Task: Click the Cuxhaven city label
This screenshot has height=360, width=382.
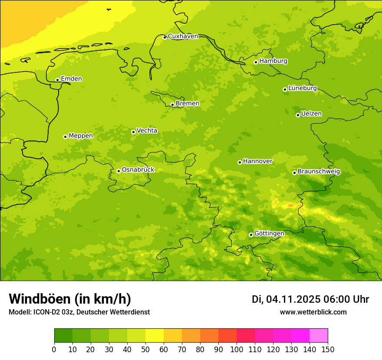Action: [183, 36]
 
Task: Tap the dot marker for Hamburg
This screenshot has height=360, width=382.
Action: [256, 62]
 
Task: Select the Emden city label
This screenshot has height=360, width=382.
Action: [71, 79]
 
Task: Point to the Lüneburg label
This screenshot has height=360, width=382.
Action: [302, 88]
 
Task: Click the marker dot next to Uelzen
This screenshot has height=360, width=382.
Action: [298, 115]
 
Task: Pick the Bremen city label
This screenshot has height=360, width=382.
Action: [187, 104]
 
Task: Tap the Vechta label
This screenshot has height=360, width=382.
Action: [147, 131]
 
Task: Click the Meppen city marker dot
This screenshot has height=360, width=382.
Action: [65, 137]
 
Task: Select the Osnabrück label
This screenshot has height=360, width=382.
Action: [138, 170]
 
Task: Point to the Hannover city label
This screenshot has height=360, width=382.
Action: [257, 161]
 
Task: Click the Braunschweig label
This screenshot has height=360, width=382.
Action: [319, 172]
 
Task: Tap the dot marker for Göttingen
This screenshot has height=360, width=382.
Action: [251, 235]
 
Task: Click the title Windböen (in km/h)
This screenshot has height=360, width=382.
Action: [70, 299]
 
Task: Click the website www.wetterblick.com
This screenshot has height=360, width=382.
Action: [313, 312]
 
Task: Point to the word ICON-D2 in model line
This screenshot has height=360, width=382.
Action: [48, 312]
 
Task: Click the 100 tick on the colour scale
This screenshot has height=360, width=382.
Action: [237, 349]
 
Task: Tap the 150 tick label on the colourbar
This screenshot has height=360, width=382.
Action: [328, 349]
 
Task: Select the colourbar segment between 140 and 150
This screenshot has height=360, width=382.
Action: [319, 336]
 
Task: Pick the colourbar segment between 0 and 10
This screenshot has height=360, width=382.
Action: [63, 336]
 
